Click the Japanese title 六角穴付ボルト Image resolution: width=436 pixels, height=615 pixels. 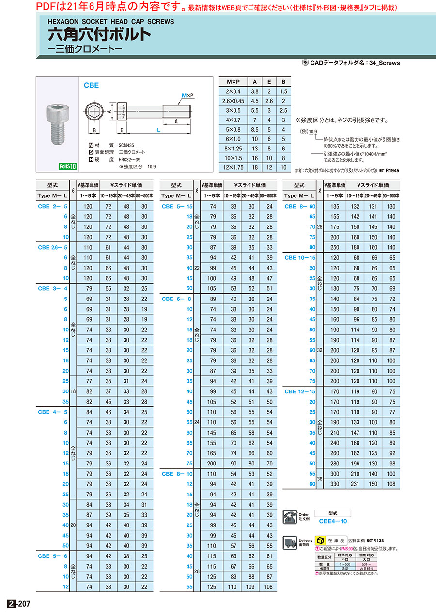coord(99,35)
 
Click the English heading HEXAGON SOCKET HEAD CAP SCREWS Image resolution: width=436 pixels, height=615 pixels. coord(110,22)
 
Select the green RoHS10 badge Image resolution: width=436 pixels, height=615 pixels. coord(68,166)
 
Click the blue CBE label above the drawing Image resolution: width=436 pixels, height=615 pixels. coord(91,85)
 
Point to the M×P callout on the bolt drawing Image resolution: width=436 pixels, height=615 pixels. coord(187,96)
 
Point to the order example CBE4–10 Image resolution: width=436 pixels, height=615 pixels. coord(333,521)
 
